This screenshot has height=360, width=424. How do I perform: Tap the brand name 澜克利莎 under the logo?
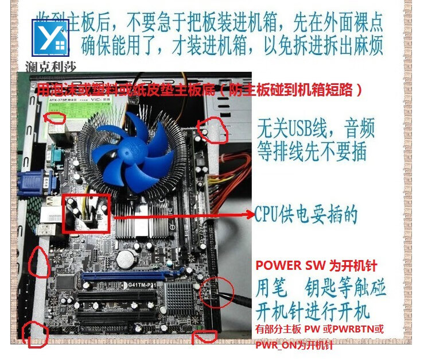50,66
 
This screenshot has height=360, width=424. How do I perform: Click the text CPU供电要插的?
306,215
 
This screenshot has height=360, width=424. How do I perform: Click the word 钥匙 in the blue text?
326,287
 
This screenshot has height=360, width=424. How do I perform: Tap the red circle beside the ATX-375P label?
55,118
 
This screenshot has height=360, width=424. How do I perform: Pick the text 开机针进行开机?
313,313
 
